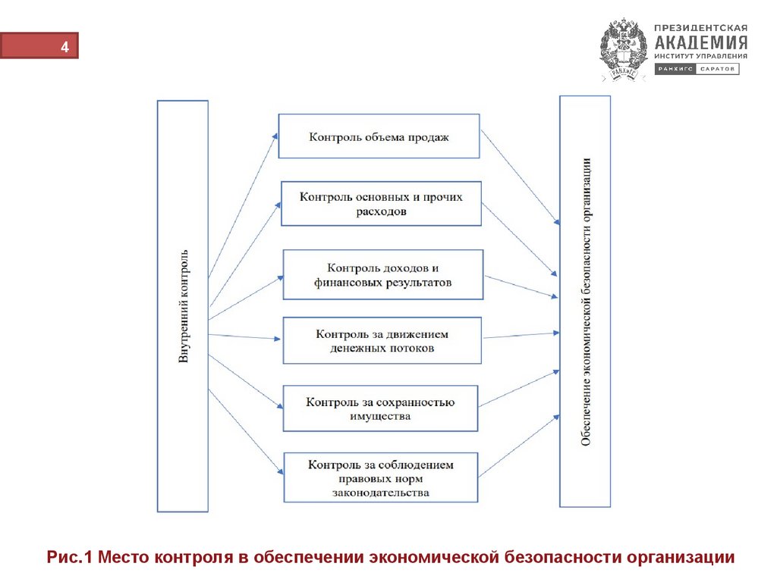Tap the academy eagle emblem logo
[624, 49]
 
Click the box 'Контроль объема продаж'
[379, 136]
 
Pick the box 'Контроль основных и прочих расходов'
[381, 204]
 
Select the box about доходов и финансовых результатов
[382, 274]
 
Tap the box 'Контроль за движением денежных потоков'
[382, 341]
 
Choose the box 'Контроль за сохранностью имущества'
[380, 408]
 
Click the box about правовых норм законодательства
[380, 477]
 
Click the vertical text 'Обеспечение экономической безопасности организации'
[585, 302]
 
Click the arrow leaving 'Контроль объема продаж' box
[521, 178]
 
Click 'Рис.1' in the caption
[70, 558]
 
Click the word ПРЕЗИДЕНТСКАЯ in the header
[702, 27]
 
